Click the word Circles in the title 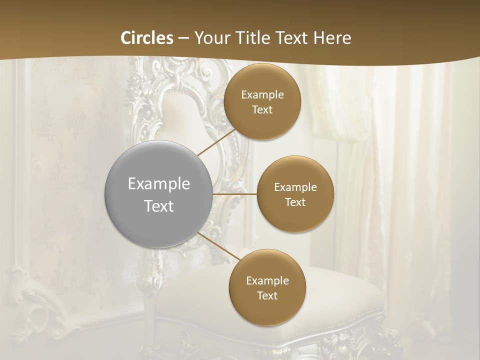point(147,38)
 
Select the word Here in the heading point(332,38)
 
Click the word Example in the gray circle point(159,184)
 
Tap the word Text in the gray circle point(159,206)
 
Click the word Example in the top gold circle point(262,94)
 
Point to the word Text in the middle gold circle point(295,202)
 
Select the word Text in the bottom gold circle point(267,295)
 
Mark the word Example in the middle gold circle point(295,187)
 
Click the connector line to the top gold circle point(216,142)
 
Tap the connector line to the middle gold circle point(235,193)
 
